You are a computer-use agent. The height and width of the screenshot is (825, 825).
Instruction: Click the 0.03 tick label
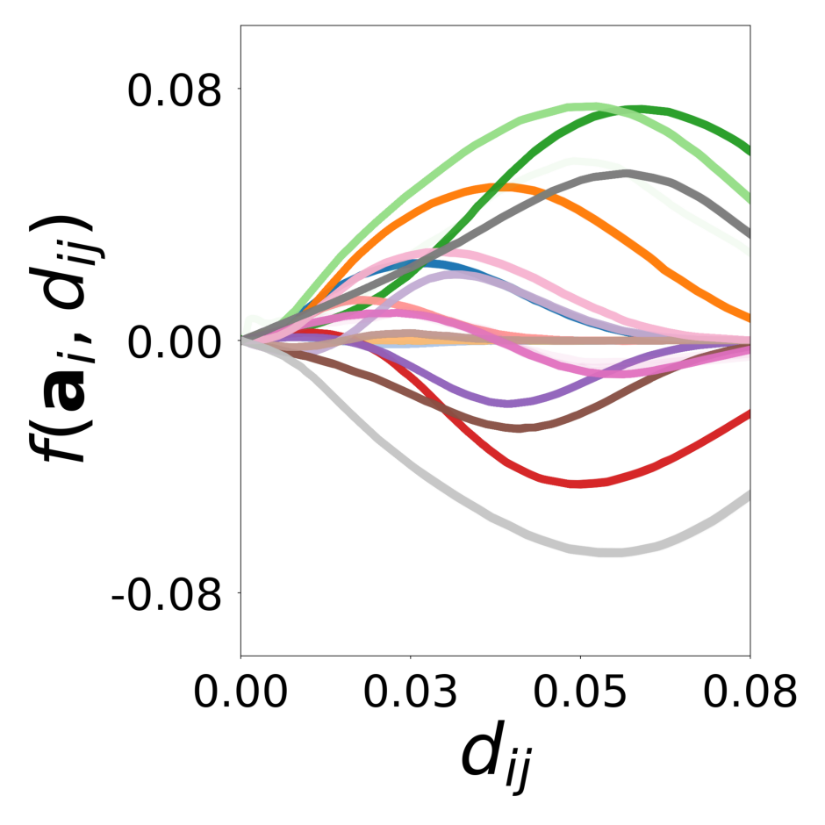tap(411, 692)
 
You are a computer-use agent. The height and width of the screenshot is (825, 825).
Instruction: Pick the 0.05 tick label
tap(580, 692)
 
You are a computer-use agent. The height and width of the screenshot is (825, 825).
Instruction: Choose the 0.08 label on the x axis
tap(749, 692)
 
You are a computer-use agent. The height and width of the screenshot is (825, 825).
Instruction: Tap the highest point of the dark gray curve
tap(627, 173)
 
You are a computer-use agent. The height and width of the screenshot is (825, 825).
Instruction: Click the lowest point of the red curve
tap(576, 484)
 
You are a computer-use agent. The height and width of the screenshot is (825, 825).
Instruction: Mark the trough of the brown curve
tap(521, 428)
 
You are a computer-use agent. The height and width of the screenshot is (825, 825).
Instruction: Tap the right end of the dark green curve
tap(749, 151)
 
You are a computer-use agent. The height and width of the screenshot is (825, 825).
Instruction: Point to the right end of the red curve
tap(749, 412)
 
